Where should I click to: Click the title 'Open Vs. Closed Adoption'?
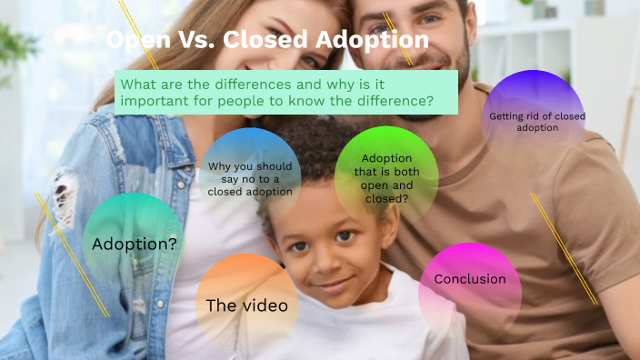267,40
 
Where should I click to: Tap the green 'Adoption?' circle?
135,244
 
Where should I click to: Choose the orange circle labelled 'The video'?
246,305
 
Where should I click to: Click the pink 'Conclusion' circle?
470,279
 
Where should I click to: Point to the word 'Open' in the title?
135,40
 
